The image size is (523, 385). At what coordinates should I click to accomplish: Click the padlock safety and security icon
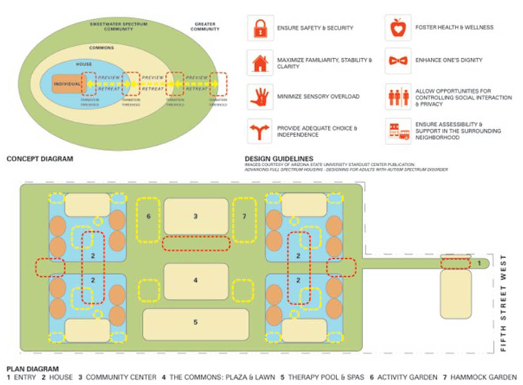pos(260,28)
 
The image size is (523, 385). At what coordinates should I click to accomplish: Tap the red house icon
pos(260,62)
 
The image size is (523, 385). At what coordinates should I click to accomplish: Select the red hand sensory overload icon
pos(260,96)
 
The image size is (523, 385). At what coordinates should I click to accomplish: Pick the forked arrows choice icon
pos(260,131)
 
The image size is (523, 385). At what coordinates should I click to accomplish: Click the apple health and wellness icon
pos(398,28)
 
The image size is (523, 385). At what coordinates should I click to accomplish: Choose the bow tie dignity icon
pos(398,61)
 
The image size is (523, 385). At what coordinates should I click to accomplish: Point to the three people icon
pos(398,97)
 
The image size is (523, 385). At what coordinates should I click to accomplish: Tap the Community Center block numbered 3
pos(196,216)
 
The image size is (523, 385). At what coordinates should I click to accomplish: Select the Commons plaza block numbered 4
pos(196,281)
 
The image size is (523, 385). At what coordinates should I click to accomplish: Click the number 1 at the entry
pos(479,263)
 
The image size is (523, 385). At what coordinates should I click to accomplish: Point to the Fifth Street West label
pos(504,302)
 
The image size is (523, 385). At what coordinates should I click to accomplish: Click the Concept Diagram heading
pos(40,159)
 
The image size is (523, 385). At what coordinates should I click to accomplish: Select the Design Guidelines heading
pos(279,159)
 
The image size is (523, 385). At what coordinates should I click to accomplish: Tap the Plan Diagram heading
pos(33,369)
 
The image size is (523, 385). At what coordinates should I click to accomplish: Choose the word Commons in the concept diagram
pos(101,48)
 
